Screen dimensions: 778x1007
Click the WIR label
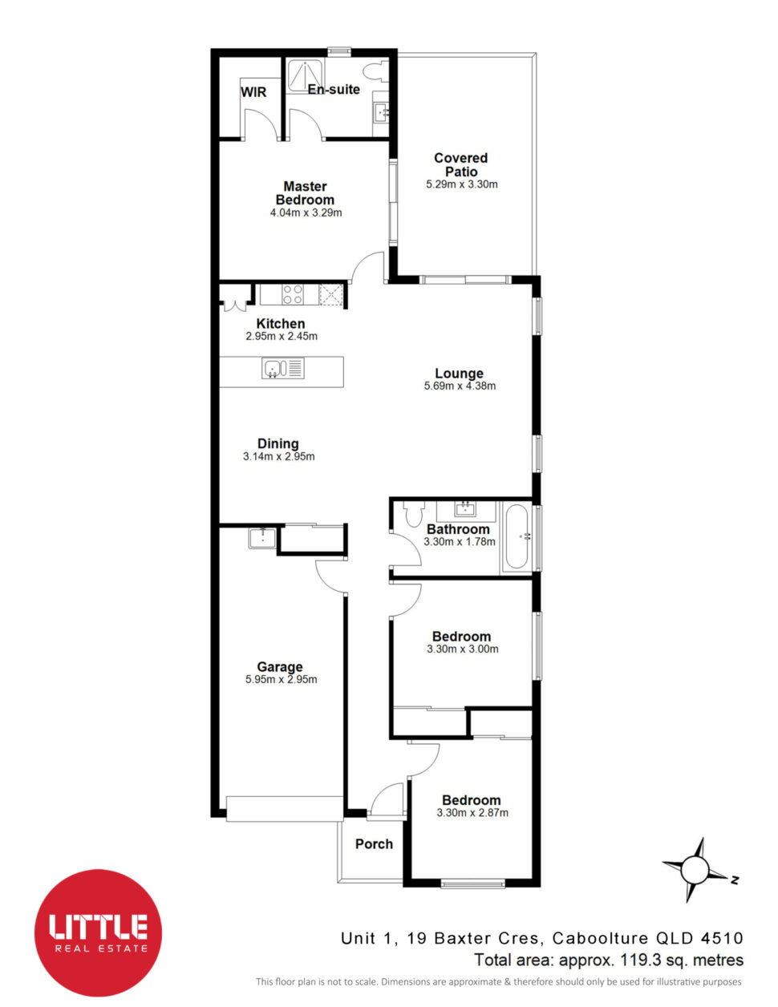click(253, 92)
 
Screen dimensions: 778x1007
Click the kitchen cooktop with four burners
click(294, 294)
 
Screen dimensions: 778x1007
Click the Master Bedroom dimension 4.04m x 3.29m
click(306, 213)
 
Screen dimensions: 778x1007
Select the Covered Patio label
click(460, 164)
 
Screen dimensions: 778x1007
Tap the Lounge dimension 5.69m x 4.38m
click(460, 386)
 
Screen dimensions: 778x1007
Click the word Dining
click(278, 443)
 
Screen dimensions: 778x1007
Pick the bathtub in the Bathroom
click(517, 537)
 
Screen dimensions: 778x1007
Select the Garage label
click(280, 667)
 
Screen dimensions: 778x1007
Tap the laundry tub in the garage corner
click(263, 539)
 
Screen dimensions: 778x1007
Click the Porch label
click(374, 844)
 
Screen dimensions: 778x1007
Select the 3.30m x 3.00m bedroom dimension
click(463, 649)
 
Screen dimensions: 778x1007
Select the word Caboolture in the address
click(600, 938)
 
